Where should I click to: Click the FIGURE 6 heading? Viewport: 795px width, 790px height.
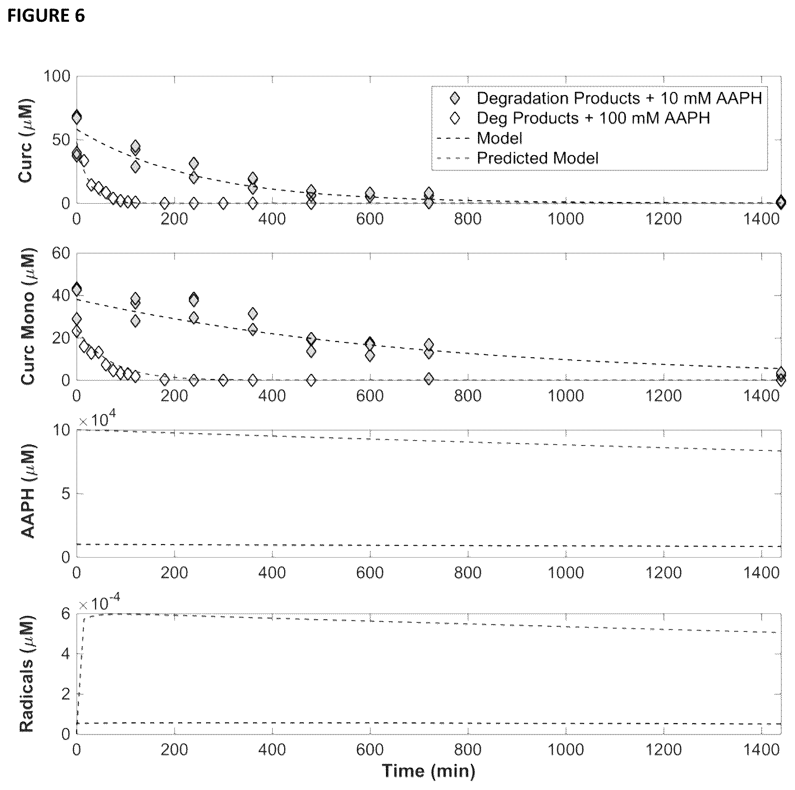pyautogui.click(x=46, y=16)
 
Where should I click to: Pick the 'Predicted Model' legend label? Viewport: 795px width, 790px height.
pyautogui.click(x=538, y=158)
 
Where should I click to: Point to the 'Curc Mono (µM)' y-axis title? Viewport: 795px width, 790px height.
pyautogui.click(x=28, y=317)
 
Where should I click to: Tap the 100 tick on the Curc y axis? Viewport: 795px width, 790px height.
pyautogui.click(x=57, y=76)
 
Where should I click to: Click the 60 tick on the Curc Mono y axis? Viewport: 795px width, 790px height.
pyautogui.click(x=61, y=253)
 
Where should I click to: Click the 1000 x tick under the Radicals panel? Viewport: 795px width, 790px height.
pyautogui.click(x=566, y=749)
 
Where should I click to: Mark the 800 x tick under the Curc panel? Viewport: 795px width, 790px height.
pyautogui.click(x=468, y=218)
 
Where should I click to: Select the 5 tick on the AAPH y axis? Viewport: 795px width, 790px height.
pyautogui.click(x=66, y=494)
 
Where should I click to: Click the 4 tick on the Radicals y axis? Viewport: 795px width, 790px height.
pyautogui.click(x=66, y=654)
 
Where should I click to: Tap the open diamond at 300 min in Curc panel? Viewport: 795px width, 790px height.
pyautogui.click(x=223, y=203)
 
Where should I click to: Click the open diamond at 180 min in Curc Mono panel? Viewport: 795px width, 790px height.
pyautogui.click(x=165, y=379)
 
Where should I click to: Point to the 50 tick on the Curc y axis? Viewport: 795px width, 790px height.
pyautogui.click(x=61, y=140)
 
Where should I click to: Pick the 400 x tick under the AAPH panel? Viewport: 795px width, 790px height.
pyautogui.click(x=272, y=572)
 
